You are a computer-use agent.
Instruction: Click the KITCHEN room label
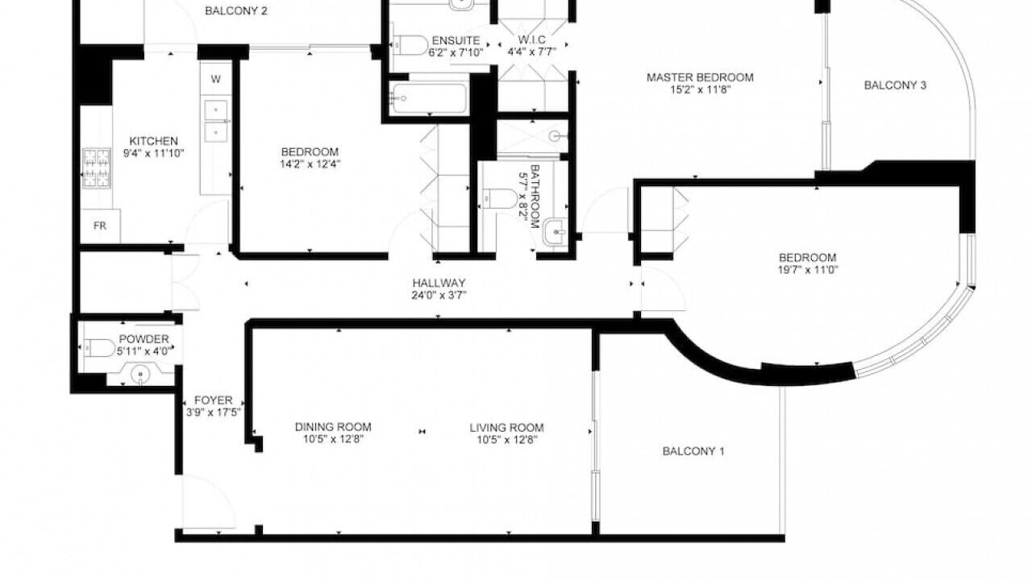click(153, 141)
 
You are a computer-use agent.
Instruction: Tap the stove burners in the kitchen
click(97, 168)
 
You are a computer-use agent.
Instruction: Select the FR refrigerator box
click(100, 226)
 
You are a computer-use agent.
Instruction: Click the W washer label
click(215, 79)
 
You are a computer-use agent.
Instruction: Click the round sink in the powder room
click(140, 375)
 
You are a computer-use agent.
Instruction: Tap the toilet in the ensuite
click(410, 45)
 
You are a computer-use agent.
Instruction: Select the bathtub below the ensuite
click(428, 98)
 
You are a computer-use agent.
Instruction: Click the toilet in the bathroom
click(500, 199)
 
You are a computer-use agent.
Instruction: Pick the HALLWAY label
click(439, 283)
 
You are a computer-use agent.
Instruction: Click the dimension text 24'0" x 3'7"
click(439, 295)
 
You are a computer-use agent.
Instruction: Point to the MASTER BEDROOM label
click(700, 77)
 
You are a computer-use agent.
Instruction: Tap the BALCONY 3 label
click(895, 85)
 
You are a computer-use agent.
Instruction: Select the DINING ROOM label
click(333, 427)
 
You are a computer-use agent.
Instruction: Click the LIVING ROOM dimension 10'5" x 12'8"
click(507, 440)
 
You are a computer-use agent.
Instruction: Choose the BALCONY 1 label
click(693, 452)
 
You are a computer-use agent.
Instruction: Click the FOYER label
click(214, 400)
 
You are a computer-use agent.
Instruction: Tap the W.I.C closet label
click(532, 40)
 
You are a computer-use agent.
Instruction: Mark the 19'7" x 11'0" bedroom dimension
click(808, 269)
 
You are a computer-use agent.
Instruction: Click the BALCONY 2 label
click(236, 11)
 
